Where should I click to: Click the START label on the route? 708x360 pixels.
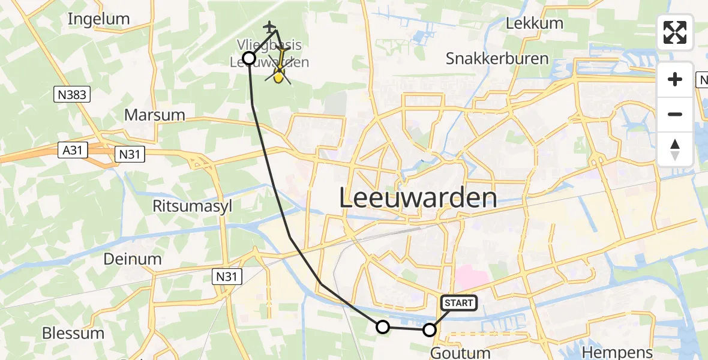[459, 303]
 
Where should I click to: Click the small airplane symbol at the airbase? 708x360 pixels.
[270, 27]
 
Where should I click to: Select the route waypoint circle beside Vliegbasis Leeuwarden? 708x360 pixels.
[249, 58]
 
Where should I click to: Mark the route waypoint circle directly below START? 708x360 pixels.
[430, 329]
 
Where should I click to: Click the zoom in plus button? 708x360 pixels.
[675, 79]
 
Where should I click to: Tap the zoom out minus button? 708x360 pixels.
[675, 114]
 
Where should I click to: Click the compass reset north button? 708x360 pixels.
[675, 149]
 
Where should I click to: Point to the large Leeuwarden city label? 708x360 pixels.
[418, 198]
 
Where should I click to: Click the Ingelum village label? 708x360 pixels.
[99, 19]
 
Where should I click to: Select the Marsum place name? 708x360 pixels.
[154, 115]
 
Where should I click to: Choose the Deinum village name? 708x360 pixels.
[133, 259]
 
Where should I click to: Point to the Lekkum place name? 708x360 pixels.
[535, 23]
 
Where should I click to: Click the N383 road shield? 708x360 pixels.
[71, 94]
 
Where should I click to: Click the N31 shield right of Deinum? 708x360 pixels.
[226, 276]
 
